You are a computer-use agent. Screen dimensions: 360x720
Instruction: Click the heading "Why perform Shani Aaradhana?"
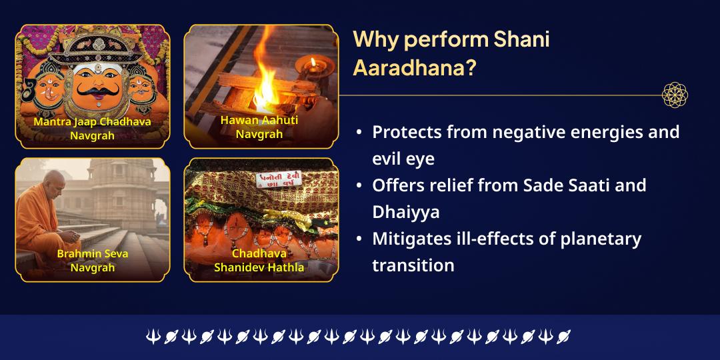451,53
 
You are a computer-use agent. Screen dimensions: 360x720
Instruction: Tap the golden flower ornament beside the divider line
675,95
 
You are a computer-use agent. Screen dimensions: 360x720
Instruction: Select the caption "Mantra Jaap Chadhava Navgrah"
92,129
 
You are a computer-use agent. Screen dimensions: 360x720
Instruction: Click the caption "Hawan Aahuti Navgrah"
259,127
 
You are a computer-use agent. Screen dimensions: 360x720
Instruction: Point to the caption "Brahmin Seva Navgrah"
93,261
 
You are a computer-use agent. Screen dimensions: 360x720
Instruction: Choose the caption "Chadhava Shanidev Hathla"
259,261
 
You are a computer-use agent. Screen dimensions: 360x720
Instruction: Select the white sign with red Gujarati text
279,179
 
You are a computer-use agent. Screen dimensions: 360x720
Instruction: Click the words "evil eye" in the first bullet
403,159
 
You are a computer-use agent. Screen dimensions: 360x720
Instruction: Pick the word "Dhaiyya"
405,212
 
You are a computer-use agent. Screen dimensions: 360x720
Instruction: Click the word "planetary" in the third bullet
591,239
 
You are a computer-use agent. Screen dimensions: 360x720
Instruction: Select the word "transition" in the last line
413,265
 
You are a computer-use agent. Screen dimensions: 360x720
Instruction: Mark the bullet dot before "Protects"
359,133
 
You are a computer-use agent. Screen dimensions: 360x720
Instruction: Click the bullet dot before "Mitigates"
359,239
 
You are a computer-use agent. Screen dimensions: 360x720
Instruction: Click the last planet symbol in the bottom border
564,337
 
